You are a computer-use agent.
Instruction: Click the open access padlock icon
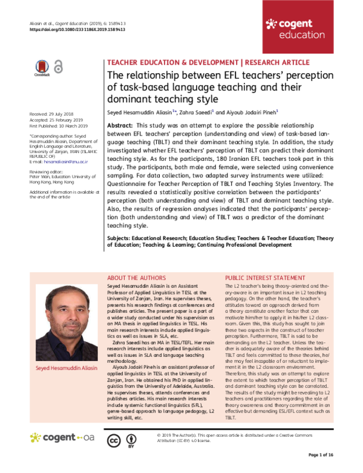[x=59, y=67]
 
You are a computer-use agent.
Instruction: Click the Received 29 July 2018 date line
[x=52, y=114]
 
